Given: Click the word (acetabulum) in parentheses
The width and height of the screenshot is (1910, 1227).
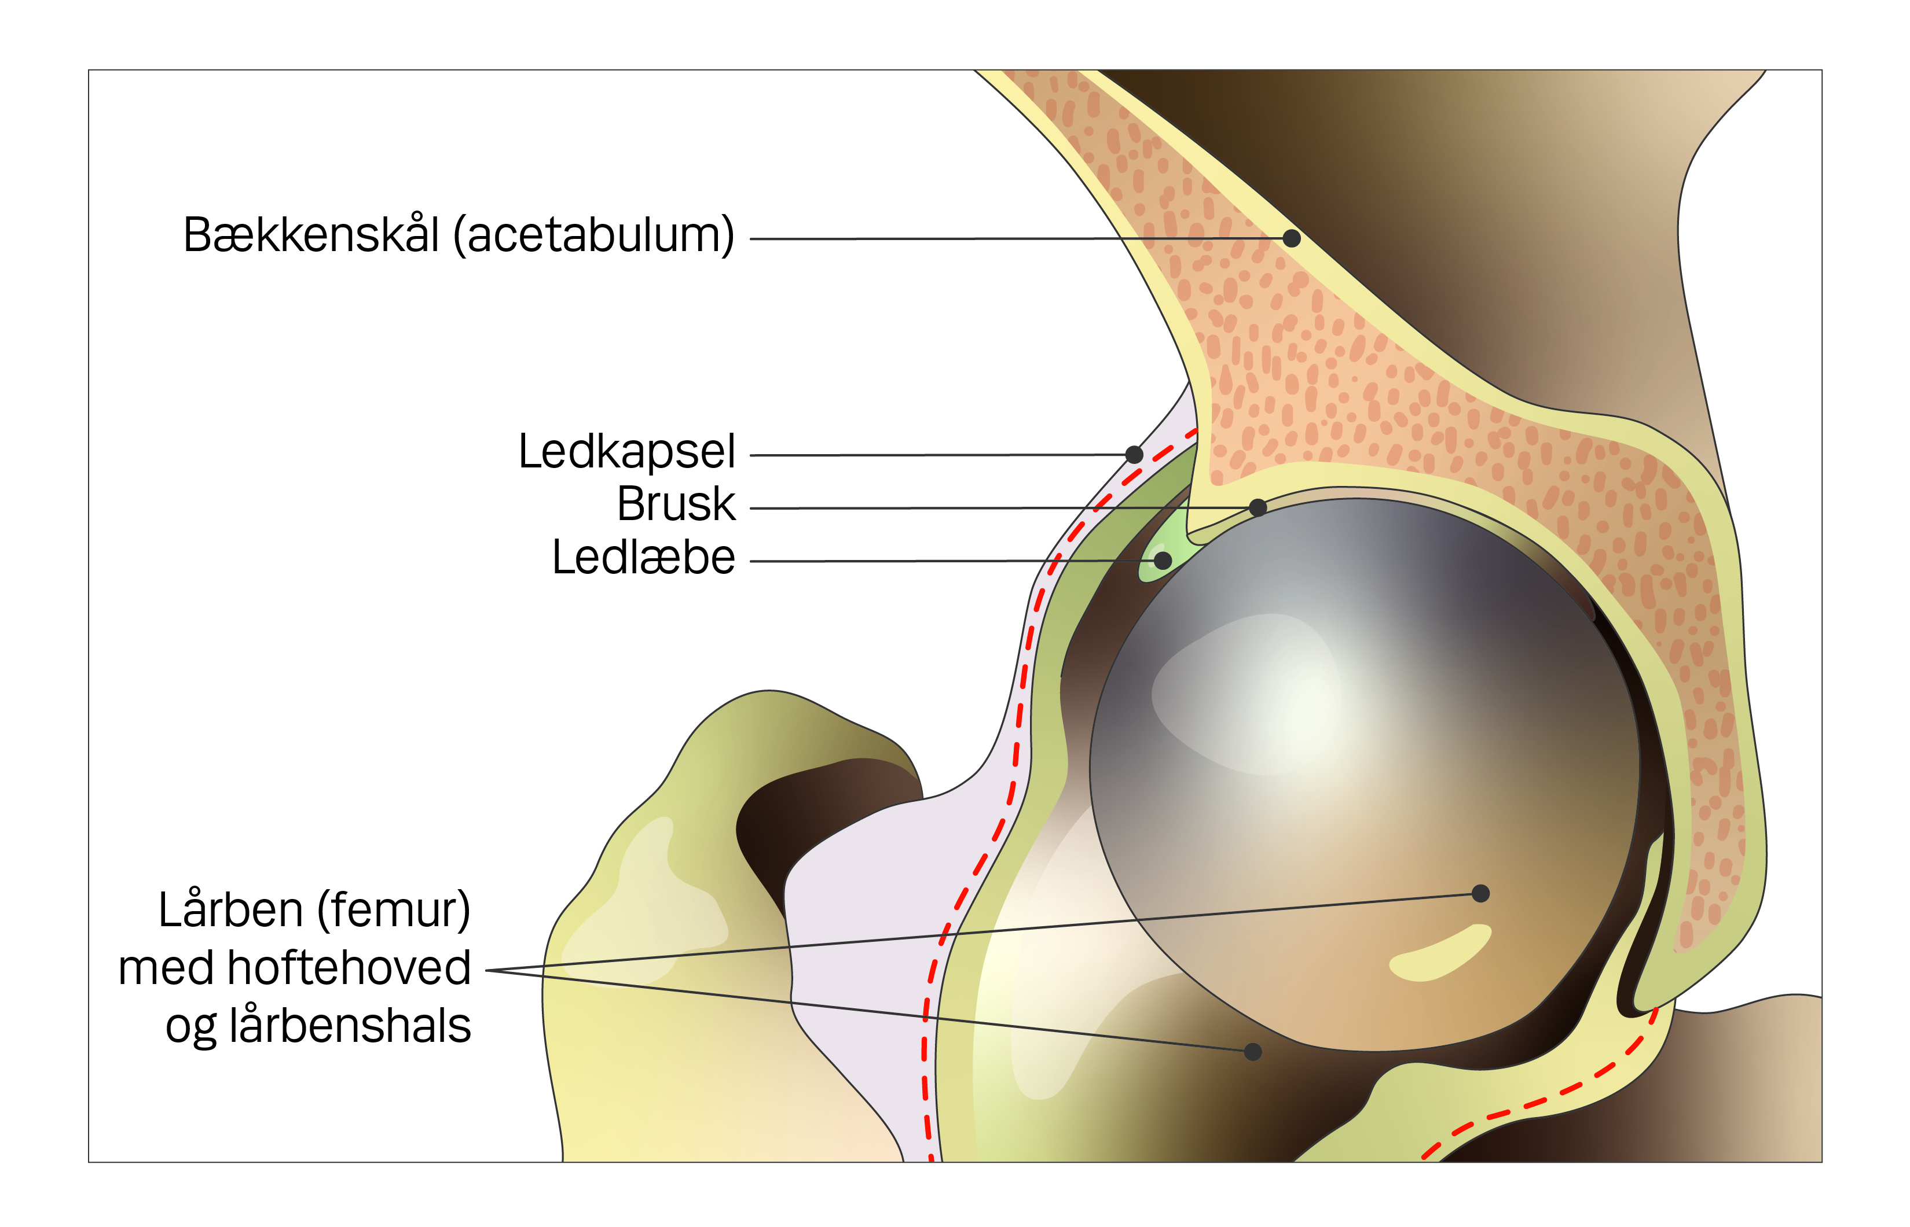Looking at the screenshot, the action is pyautogui.click(x=594, y=236).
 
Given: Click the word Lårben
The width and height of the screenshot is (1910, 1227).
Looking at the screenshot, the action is pyautogui.click(x=230, y=911).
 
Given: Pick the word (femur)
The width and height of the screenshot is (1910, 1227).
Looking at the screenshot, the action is pyautogui.click(x=394, y=911).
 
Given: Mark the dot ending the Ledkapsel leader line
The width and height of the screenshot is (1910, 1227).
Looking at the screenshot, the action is pyautogui.click(x=1134, y=454).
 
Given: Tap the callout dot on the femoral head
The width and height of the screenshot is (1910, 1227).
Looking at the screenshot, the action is pyautogui.click(x=1480, y=893).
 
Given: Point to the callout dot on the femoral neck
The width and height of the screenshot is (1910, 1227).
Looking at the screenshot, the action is pyautogui.click(x=1253, y=1052).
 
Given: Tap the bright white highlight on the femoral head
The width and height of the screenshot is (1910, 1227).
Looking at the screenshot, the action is pyautogui.click(x=1275, y=693).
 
